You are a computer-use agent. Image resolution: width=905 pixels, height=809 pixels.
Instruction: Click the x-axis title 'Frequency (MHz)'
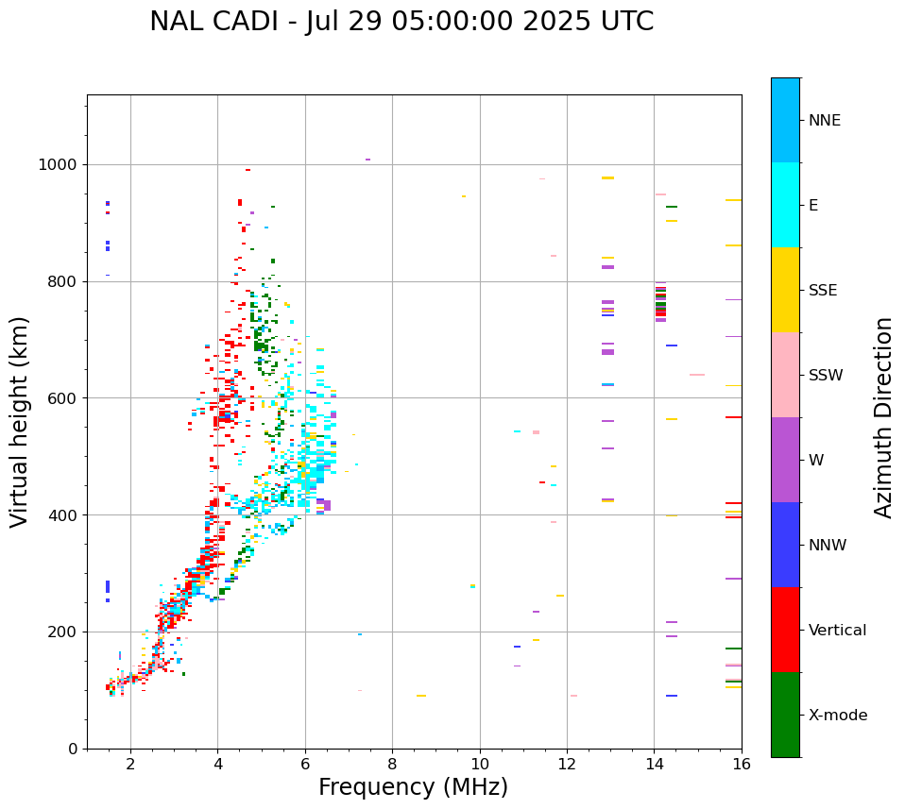(413, 787)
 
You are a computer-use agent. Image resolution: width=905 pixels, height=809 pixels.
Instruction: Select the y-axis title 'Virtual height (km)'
(20, 421)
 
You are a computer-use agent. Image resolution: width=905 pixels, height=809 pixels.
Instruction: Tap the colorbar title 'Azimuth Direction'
(883, 417)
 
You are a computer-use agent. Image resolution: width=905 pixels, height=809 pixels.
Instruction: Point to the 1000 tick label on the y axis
(59, 165)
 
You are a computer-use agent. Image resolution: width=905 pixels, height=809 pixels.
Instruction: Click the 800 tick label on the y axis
(62, 281)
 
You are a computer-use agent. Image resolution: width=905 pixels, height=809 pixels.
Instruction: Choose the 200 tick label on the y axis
(62, 632)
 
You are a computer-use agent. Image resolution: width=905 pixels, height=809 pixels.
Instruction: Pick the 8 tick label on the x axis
(392, 764)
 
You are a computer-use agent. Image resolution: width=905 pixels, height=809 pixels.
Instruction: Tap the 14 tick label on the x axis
(654, 764)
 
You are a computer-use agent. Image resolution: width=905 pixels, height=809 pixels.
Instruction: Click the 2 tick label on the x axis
(130, 764)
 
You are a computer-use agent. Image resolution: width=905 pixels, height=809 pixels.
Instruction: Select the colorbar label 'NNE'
(824, 121)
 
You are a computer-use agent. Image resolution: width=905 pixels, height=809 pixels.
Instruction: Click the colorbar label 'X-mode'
(837, 716)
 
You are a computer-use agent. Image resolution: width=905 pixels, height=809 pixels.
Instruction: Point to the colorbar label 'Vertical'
(837, 631)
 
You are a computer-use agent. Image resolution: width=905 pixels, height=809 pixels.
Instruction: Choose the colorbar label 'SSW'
(826, 376)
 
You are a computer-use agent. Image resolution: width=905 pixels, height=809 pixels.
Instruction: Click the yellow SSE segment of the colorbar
(785, 290)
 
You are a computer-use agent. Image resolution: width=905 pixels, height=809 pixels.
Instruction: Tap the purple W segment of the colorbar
(785, 460)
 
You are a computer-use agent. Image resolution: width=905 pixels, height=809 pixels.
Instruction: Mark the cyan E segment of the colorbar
(785, 205)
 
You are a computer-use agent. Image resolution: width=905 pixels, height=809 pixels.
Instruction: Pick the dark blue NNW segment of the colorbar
(785, 545)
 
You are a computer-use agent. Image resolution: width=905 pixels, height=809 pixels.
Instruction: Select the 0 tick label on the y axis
(72, 749)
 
